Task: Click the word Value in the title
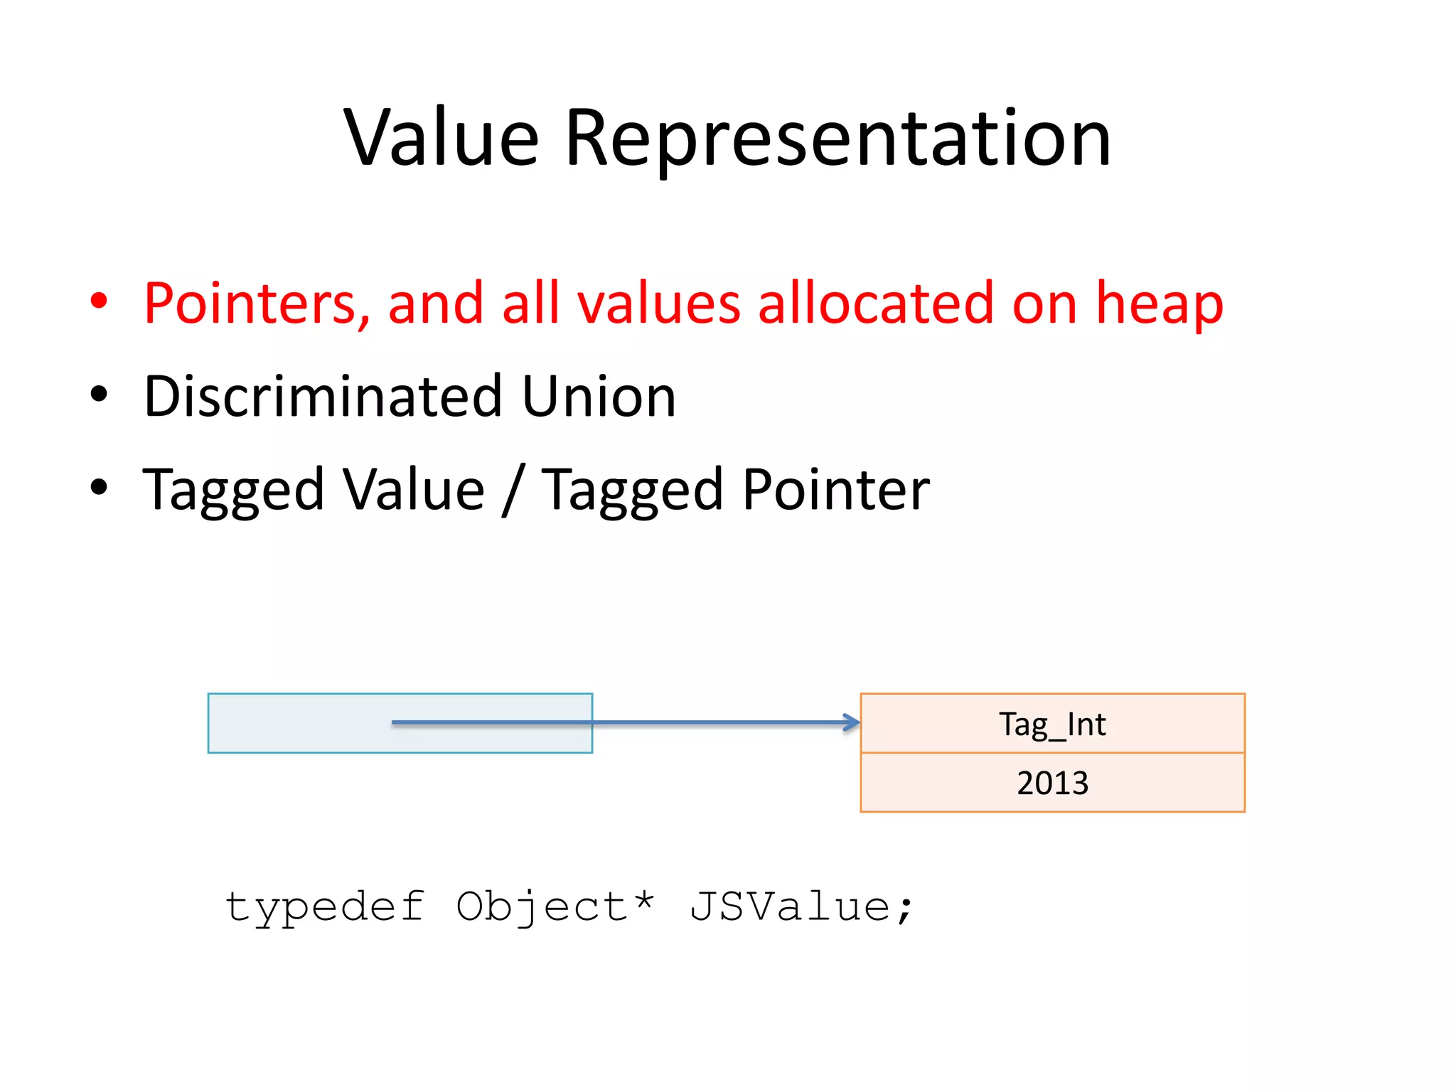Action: click(441, 138)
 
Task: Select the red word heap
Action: click(1160, 304)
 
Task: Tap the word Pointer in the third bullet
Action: click(836, 490)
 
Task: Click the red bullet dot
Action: click(99, 301)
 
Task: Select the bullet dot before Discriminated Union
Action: click(99, 395)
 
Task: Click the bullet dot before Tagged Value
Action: click(99, 488)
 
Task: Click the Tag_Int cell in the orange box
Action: click(1052, 724)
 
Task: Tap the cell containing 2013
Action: click(1052, 783)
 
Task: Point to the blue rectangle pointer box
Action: click(299, 723)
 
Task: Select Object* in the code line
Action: click(555, 907)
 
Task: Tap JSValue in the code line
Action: click(789, 907)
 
